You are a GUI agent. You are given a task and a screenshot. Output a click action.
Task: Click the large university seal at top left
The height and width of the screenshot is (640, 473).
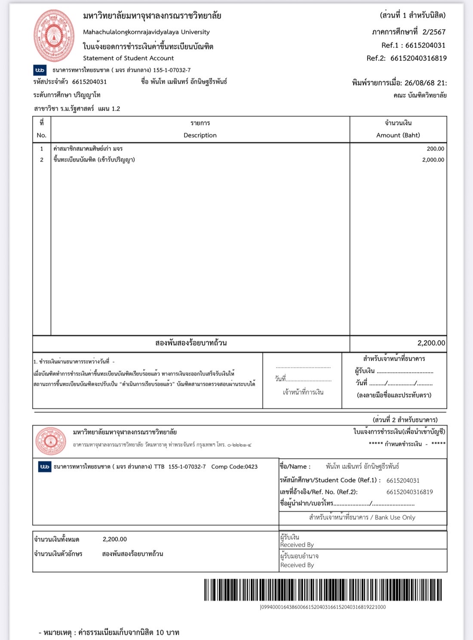point(54,36)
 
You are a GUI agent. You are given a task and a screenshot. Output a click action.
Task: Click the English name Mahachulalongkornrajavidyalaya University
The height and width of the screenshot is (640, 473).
point(146,32)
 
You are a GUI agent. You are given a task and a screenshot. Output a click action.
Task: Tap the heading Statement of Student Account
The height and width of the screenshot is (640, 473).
point(128,58)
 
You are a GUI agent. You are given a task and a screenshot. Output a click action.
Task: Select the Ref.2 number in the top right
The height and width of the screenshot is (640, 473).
point(418,58)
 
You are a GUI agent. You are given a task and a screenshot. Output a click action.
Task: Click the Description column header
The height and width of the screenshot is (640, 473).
point(200,135)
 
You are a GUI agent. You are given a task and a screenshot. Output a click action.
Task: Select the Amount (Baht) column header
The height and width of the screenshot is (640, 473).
point(398,135)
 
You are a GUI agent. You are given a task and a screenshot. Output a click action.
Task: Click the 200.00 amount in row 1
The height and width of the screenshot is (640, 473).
point(435,148)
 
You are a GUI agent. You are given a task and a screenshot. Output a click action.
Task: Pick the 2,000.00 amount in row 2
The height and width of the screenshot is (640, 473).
point(433,160)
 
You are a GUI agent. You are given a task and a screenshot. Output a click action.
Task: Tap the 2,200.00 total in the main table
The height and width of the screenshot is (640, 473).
point(431,343)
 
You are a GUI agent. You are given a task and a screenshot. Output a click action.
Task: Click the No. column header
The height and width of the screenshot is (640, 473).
point(41,135)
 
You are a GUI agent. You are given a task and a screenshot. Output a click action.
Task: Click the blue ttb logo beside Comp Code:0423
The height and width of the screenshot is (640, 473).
point(45,467)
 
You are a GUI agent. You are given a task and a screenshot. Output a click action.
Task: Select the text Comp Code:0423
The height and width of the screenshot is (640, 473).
point(234,467)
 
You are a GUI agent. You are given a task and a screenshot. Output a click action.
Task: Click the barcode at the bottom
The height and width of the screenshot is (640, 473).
point(322,590)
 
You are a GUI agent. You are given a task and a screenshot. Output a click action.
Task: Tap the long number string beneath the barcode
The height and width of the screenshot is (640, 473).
point(322,607)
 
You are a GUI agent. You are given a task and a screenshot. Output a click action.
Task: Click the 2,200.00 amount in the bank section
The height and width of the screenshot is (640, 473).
point(115,539)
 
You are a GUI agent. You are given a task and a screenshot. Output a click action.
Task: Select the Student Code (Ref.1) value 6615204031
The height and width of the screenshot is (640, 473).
point(403,480)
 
